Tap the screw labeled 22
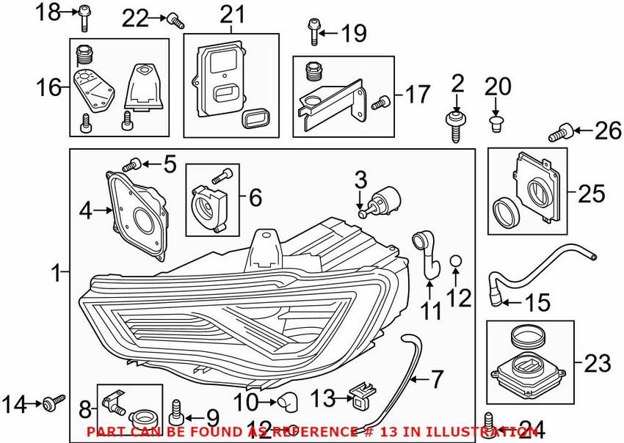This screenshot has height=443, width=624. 175,21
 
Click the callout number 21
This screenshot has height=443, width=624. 231,14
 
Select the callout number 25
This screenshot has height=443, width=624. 591,194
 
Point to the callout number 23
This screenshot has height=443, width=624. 596,362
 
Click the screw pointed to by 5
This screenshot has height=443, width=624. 136,164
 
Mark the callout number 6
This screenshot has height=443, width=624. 255,197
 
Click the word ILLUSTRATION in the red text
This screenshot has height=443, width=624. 493,431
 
